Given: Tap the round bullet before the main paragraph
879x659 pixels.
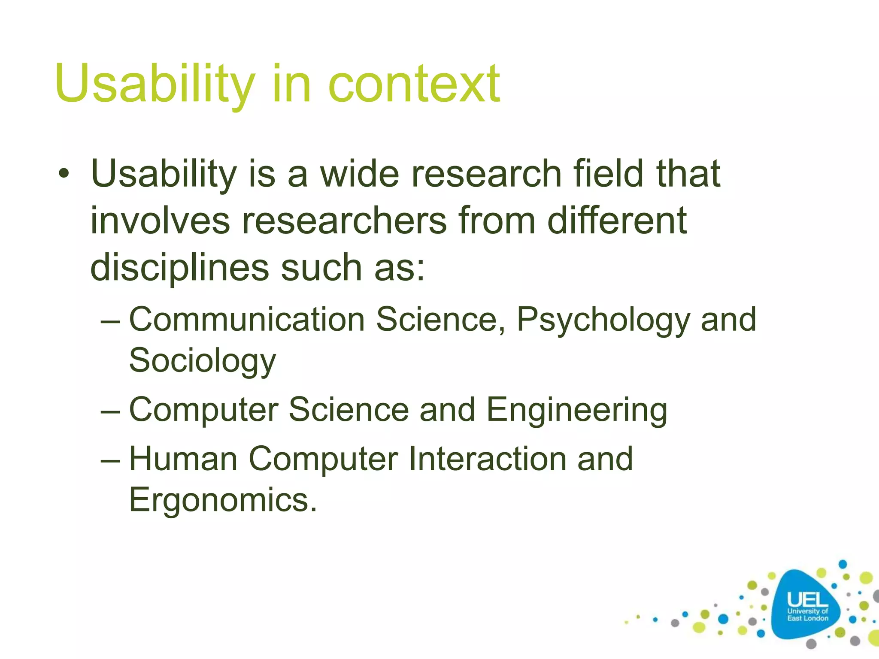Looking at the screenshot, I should point(64,174).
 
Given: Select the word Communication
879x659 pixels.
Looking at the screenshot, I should point(247,320).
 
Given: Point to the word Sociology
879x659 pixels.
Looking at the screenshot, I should point(202,361).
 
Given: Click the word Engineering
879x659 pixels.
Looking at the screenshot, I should point(576,410).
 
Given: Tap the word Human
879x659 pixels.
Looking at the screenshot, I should point(183,459).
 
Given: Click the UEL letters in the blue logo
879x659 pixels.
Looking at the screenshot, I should point(807,599).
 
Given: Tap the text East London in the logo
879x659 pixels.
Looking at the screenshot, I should point(807,618).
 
